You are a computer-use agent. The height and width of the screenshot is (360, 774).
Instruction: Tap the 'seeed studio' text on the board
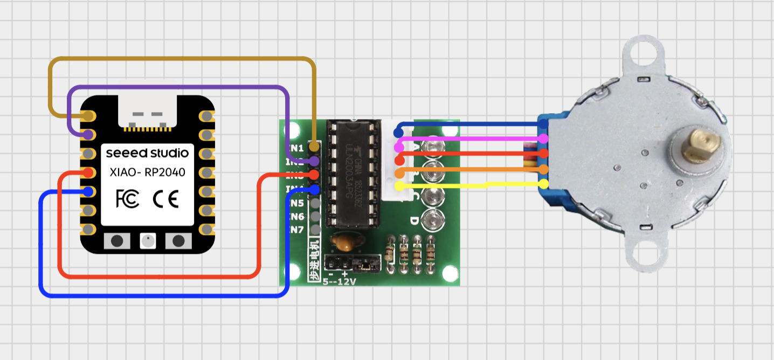147,153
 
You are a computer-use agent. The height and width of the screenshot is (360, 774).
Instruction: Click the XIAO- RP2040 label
147,172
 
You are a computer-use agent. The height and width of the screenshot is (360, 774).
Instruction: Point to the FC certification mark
127,199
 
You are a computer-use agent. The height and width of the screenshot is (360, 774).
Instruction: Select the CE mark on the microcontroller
166,199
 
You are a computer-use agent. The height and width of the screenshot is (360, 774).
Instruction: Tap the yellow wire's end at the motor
543,184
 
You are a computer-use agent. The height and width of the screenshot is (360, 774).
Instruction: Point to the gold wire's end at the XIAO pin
88,116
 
